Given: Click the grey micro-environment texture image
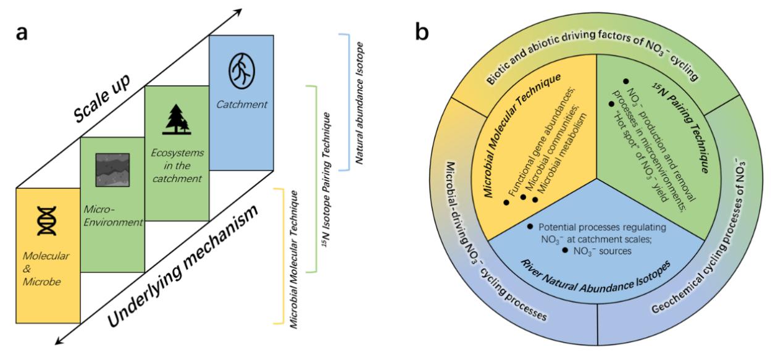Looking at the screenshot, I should pos(111,169).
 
